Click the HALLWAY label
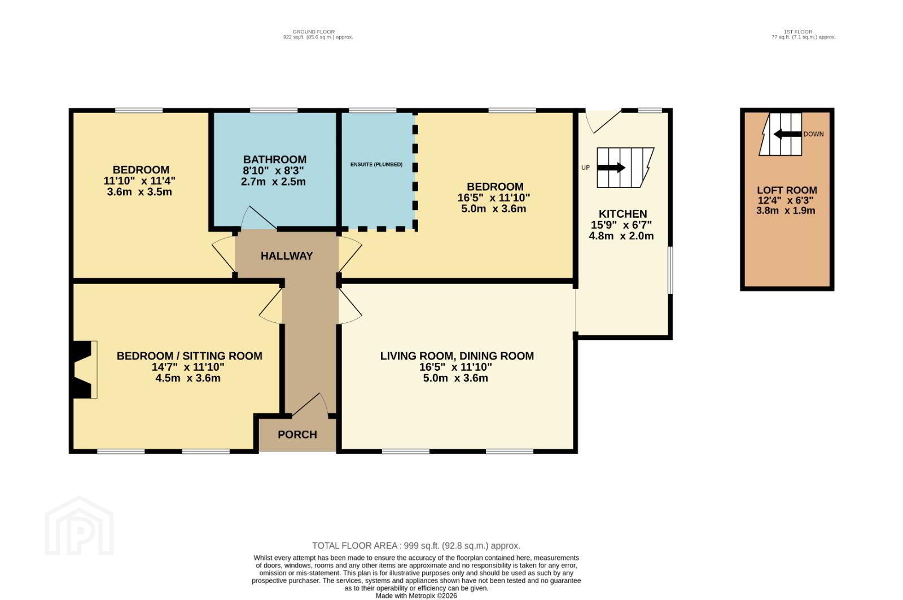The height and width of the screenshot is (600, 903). (x=287, y=256)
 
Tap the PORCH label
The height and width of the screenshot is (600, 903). (x=297, y=435)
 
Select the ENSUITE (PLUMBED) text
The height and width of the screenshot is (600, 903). (x=376, y=164)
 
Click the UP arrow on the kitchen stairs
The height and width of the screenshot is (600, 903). (x=611, y=168)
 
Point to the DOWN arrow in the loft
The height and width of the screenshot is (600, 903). (x=787, y=134)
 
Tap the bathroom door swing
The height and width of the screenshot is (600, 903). (x=258, y=218)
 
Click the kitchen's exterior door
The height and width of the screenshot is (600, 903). (x=603, y=121)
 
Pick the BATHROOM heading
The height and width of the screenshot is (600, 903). (x=274, y=160)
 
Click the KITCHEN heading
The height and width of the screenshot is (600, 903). (x=623, y=214)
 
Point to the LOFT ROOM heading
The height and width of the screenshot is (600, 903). (x=787, y=190)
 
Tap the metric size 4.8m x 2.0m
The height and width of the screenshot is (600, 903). (x=621, y=237)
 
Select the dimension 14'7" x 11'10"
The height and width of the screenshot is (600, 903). (x=188, y=367)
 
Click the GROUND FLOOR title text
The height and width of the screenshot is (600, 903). (x=314, y=32)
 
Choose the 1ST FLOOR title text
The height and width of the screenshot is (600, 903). (x=798, y=32)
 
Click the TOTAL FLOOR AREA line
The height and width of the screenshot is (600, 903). (x=416, y=546)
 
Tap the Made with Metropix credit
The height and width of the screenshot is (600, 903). (x=416, y=596)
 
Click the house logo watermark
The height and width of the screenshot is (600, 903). (x=79, y=525)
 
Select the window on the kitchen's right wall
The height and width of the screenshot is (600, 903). (x=670, y=270)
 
